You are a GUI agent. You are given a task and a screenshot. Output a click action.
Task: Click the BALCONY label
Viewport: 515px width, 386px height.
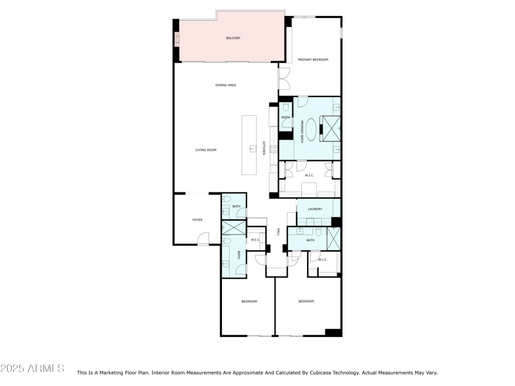(x=233, y=39)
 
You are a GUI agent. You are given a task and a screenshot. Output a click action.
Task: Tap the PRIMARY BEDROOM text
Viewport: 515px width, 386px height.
(x=313, y=60)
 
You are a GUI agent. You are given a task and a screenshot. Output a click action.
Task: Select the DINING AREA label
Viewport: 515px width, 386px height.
(x=225, y=85)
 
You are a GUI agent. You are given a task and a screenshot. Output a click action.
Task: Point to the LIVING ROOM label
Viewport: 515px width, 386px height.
(x=206, y=150)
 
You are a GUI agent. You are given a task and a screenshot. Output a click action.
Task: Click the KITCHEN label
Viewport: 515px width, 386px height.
(x=263, y=148)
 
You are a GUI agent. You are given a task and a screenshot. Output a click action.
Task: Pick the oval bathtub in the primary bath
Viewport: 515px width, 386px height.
(x=311, y=129)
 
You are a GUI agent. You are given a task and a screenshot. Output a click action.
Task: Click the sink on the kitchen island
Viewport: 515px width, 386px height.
(x=252, y=149)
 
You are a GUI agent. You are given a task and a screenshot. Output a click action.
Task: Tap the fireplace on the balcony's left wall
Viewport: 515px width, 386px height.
(x=176, y=39)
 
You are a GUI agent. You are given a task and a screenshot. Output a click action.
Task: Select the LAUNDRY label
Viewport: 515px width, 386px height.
(x=315, y=209)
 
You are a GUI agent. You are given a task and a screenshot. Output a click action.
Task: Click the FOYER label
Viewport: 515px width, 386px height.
(x=197, y=220)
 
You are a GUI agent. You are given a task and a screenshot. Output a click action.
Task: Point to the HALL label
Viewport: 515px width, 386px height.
(x=278, y=232)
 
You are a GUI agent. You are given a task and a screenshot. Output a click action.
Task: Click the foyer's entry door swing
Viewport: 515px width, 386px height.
(x=203, y=239)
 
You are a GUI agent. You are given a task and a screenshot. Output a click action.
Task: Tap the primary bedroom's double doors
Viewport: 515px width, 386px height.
(x=284, y=78)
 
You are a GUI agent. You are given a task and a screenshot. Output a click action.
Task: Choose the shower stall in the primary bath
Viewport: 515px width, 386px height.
(x=332, y=129)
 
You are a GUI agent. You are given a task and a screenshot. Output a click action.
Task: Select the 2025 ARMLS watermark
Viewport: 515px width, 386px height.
(x=32, y=369)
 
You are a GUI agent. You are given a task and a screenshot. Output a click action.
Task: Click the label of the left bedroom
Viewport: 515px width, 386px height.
(x=249, y=301)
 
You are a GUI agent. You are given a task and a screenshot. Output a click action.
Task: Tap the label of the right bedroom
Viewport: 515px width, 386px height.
(x=306, y=301)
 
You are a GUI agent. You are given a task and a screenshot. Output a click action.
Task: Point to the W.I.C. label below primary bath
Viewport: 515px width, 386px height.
(x=309, y=175)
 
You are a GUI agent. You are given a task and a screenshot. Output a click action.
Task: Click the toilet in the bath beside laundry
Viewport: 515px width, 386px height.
(x=319, y=230)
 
